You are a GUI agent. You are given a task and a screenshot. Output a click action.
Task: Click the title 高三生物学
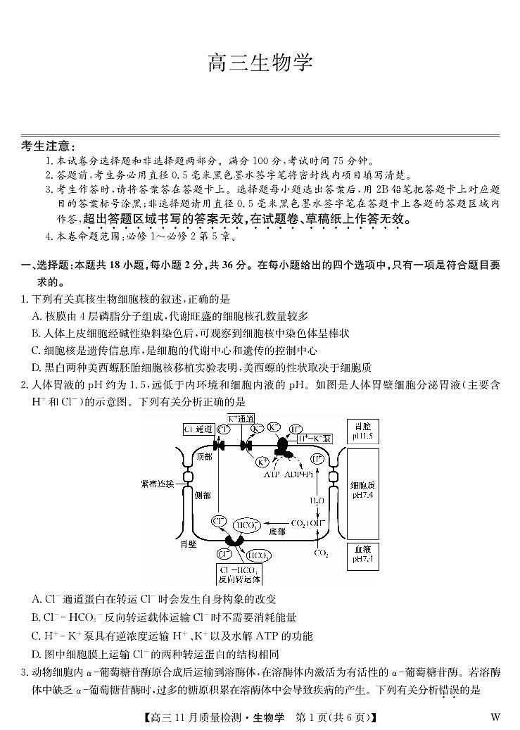(260, 63)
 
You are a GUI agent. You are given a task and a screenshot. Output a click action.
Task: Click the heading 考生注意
(48, 146)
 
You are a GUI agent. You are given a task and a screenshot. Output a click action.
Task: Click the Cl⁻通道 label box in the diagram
(198, 429)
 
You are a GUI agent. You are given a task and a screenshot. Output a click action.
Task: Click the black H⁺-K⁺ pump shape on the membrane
(284, 448)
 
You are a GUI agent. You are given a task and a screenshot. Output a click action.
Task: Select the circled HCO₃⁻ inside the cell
(245, 525)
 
